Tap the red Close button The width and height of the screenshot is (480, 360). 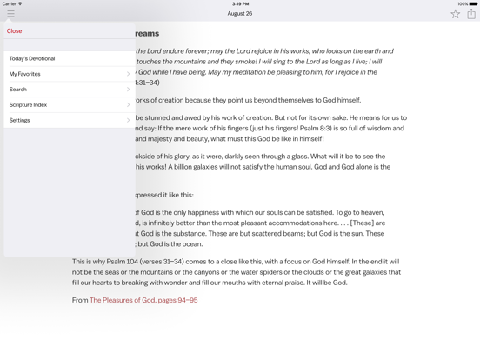15,31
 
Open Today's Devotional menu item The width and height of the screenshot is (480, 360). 32,58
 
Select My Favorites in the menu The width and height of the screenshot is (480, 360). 25,74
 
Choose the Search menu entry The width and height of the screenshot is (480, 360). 18,90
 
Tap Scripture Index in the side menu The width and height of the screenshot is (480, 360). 29,105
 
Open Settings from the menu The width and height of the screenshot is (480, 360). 20,121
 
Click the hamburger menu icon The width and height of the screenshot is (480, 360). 10,14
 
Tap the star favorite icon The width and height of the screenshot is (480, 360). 455,14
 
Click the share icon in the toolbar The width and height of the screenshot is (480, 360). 471,14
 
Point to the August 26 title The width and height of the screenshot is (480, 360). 240,14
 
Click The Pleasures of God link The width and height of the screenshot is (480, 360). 143,300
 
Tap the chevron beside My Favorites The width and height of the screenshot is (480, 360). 128,74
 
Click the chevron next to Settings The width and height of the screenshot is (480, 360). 128,121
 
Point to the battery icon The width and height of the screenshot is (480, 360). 474,3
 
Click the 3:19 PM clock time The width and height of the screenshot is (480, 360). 240,3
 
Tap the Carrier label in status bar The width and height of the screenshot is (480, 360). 10,3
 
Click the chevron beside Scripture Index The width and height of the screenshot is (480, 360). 128,105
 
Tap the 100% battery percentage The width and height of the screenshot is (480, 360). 463,3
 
